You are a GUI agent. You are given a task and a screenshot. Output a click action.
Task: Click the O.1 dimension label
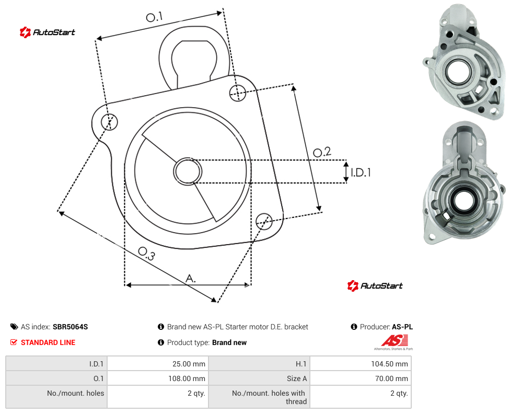(x=154, y=17)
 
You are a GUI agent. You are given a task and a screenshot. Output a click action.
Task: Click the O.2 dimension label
(x=322, y=152)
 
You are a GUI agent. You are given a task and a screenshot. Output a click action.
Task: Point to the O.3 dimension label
(x=146, y=254)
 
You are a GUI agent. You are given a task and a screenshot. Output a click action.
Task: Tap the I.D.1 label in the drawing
(x=361, y=172)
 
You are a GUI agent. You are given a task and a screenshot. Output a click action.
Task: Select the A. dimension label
(x=191, y=279)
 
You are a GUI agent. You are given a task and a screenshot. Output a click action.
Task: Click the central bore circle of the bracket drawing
(x=188, y=171)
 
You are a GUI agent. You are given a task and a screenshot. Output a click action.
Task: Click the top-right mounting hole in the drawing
(x=238, y=93)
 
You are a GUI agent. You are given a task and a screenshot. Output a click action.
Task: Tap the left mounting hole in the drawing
(x=109, y=122)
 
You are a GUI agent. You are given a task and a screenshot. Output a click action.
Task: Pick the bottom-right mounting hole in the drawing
(x=264, y=221)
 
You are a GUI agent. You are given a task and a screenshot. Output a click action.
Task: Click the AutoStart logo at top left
(x=47, y=32)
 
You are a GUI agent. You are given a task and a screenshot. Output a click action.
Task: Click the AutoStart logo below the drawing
(x=375, y=286)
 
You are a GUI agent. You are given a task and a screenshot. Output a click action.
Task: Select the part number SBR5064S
(x=70, y=327)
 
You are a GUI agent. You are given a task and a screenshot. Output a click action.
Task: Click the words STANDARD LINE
(x=48, y=342)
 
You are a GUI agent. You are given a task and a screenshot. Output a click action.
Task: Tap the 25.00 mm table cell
(x=158, y=363)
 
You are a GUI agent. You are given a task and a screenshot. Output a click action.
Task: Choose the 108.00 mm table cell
(x=158, y=378)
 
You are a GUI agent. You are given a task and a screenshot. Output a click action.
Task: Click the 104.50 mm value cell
(x=361, y=363)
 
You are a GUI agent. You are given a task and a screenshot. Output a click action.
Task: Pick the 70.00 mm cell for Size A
(x=361, y=378)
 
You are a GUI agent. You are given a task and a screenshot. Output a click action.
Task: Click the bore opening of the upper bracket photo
(x=460, y=71)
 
